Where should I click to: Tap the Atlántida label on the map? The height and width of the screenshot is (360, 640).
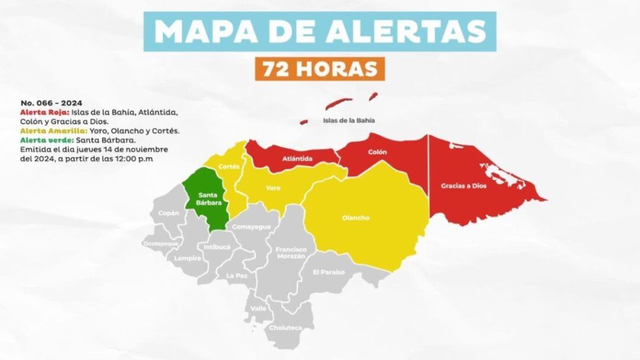pyautogui.click(x=297, y=159)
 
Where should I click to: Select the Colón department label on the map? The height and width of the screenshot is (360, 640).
pyautogui.click(x=377, y=152)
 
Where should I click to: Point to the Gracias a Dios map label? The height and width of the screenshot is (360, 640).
pyautogui.click(x=462, y=186)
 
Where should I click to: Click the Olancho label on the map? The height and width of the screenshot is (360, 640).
pyautogui.click(x=356, y=217)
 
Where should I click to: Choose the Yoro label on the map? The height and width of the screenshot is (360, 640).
pyautogui.click(x=272, y=187)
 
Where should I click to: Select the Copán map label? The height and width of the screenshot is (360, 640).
pyautogui.click(x=169, y=213)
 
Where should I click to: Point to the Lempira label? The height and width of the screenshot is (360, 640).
pyautogui.click(x=187, y=257)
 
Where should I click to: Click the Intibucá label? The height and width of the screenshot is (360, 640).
pyautogui.click(x=217, y=247)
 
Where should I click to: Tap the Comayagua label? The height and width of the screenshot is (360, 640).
pyautogui.click(x=251, y=227)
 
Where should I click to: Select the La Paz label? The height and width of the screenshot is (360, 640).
pyautogui.click(x=237, y=276)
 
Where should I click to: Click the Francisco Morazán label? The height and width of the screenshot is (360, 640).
pyautogui.click(x=291, y=252)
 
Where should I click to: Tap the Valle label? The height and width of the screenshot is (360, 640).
pyautogui.click(x=258, y=309)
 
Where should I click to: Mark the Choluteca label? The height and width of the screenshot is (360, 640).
pyautogui.click(x=285, y=327)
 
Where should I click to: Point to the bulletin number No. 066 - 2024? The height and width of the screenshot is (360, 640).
pyautogui.click(x=52, y=102)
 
